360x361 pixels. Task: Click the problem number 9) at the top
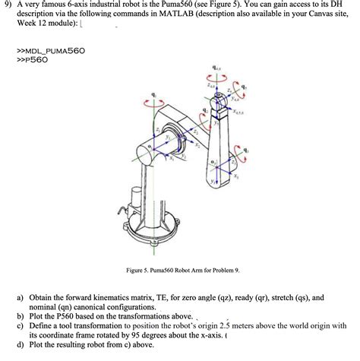(x=8, y=5)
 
